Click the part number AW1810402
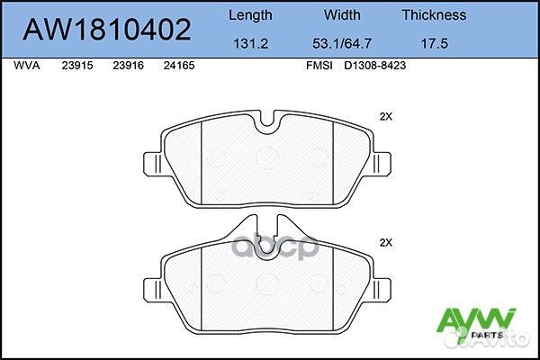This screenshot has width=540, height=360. (x=106, y=31)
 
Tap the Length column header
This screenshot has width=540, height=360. (x=250, y=14)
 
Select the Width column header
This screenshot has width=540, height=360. (x=342, y=14)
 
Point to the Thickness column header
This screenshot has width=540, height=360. (x=434, y=14)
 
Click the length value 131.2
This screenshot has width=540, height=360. (x=249, y=41)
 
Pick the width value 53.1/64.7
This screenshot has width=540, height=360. (x=342, y=41)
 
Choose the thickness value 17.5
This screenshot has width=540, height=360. (x=434, y=41)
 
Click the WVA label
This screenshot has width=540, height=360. (x=30, y=66)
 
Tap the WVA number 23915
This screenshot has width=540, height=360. (x=78, y=66)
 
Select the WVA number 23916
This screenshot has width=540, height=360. (x=129, y=66)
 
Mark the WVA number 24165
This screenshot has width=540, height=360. (x=179, y=66)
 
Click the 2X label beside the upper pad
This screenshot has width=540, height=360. (x=387, y=117)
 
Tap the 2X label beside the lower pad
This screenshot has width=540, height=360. (x=387, y=242)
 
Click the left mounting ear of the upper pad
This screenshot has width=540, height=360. (x=154, y=165)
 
